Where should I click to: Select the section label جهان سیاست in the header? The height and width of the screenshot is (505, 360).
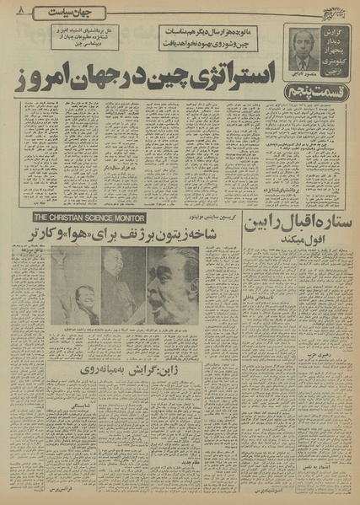[x=81, y=12]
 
